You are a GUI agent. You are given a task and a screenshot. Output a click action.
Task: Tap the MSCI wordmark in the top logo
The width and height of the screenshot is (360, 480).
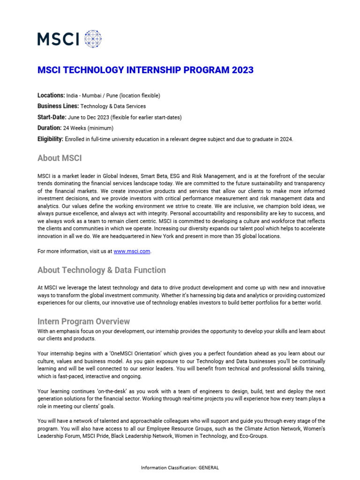[x=58, y=39]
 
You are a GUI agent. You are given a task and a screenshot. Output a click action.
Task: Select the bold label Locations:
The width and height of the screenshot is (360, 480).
[x=51, y=96]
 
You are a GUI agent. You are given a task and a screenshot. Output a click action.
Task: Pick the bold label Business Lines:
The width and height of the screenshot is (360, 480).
[x=58, y=106]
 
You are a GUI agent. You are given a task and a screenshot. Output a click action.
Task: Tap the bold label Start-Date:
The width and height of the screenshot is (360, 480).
[x=52, y=117]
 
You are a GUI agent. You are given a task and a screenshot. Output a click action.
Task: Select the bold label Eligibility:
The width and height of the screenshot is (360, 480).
[x=50, y=139]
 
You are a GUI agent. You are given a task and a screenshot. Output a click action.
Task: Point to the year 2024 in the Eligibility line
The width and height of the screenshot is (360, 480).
[x=285, y=139]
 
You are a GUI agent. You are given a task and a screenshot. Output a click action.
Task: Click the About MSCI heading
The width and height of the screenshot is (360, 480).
[x=60, y=158]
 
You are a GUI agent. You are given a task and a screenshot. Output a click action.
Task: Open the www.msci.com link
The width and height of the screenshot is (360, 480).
[x=132, y=251]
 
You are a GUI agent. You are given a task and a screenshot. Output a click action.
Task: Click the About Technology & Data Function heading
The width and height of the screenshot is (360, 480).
[x=101, y=270]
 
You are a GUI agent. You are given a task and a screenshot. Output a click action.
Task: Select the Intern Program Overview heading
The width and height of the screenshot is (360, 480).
[x=83, y=322]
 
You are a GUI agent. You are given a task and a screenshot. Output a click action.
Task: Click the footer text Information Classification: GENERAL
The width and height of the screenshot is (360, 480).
[x=180, y=467]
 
